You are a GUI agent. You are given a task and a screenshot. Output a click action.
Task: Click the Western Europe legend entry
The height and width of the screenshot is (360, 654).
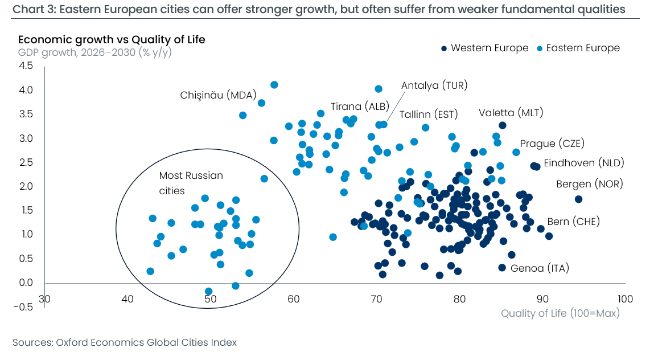[485, 48]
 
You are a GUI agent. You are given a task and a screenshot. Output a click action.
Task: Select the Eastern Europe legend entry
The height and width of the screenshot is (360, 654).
[578, 48]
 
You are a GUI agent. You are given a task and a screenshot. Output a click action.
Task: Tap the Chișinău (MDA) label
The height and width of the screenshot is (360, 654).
[218, 95]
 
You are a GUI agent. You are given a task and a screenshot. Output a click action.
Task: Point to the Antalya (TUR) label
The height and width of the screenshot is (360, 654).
[434, 85]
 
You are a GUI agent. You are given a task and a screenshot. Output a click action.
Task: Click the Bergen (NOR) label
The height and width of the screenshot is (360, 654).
[589, 184]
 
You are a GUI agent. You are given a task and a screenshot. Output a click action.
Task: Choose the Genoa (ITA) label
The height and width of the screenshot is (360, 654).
[540, 268]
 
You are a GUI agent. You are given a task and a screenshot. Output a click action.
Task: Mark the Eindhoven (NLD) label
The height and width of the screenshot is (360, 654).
[584, 163]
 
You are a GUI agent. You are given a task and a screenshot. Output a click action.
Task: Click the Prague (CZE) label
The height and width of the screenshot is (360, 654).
[552, 144]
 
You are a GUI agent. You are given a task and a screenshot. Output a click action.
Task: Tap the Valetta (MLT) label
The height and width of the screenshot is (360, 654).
[511, 113]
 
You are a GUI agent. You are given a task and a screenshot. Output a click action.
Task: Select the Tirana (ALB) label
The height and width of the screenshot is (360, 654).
[360, 107]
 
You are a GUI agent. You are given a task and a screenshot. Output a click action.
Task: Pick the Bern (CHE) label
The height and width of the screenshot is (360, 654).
[574, 222]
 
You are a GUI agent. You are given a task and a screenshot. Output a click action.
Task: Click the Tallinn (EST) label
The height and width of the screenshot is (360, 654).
[429, 114]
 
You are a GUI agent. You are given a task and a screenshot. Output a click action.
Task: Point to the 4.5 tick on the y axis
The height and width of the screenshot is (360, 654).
[26, 66]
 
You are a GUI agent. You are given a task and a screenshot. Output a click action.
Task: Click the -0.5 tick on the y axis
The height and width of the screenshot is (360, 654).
[23, 308]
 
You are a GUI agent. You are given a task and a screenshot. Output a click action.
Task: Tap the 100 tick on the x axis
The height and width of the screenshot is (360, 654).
[625, 299]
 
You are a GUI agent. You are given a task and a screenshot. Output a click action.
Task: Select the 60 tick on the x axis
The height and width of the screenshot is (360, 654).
[294, 299]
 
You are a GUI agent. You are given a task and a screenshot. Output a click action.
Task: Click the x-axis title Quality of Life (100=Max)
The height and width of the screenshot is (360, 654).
[560, 313]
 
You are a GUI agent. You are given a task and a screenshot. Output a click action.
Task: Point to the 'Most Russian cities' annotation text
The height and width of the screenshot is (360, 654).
[191, 183]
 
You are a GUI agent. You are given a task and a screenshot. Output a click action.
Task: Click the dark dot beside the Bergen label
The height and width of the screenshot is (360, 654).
[578, 199]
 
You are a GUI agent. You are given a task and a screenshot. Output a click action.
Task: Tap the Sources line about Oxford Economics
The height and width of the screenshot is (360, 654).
[125, 342]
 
